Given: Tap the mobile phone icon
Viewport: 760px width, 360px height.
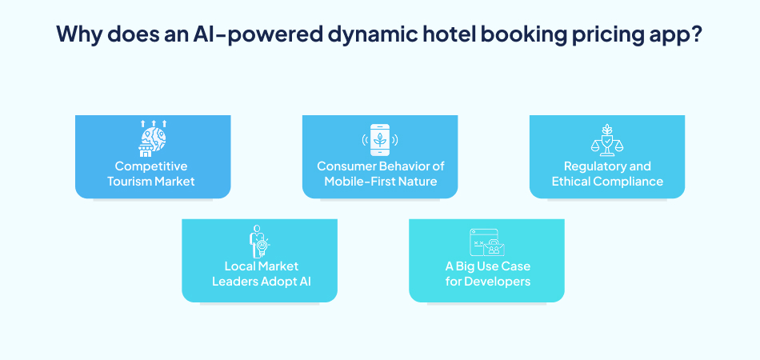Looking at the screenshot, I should [x=379, y=140].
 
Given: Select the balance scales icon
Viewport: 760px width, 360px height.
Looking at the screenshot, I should [x=606, y=141].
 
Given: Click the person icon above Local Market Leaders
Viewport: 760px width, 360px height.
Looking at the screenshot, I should [x=259, y=241].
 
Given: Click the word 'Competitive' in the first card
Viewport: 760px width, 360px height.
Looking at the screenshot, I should [x=151, y=166].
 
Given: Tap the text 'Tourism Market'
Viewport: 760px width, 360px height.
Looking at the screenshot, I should [x=151, y=182].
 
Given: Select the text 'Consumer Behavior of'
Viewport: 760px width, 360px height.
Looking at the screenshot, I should [x=380, y=166].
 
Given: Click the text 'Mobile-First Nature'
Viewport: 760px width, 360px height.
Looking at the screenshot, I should [x=380, y=182].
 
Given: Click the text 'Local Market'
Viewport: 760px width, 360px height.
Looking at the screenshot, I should [x=260, y=266].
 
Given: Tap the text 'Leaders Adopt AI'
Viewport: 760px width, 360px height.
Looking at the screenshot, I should [x=260, y=282].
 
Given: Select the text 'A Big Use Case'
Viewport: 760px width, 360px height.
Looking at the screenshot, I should [x=487, y=266].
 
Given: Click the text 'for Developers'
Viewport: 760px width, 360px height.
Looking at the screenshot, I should [x=487, y=282].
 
